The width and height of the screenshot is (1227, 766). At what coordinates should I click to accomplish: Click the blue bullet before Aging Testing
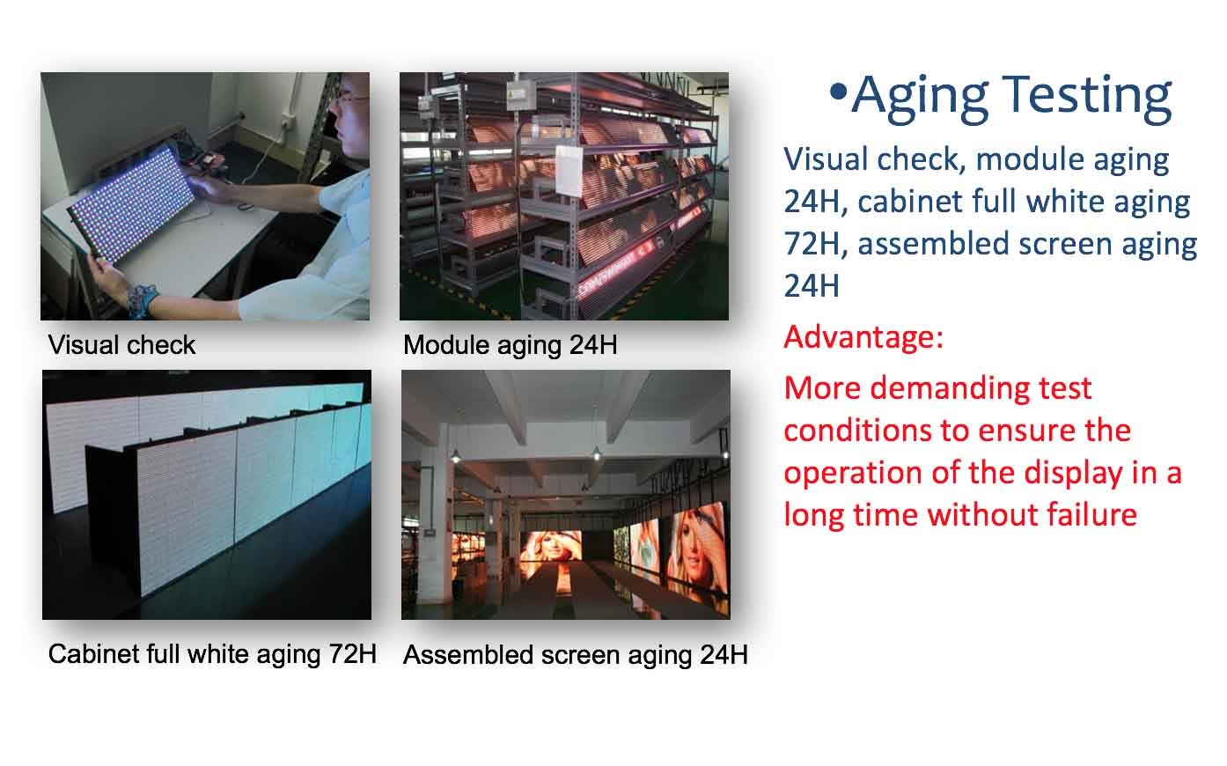[x=838, y=92]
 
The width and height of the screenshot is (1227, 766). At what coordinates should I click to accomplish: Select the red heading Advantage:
[x=863, y=336]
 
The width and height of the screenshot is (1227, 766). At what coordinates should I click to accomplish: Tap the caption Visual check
[x=121, y=345]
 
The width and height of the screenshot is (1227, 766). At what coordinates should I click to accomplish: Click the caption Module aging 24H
[x=510, y=345]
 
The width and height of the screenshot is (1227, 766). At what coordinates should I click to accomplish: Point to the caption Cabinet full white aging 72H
[x=212, y=653]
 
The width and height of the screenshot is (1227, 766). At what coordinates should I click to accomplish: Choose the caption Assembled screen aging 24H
[x=575, y=655]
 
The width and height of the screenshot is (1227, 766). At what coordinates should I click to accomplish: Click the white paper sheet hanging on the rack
[x=569, y=170]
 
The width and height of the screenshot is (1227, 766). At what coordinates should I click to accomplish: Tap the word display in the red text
[x=1074, y=475]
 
